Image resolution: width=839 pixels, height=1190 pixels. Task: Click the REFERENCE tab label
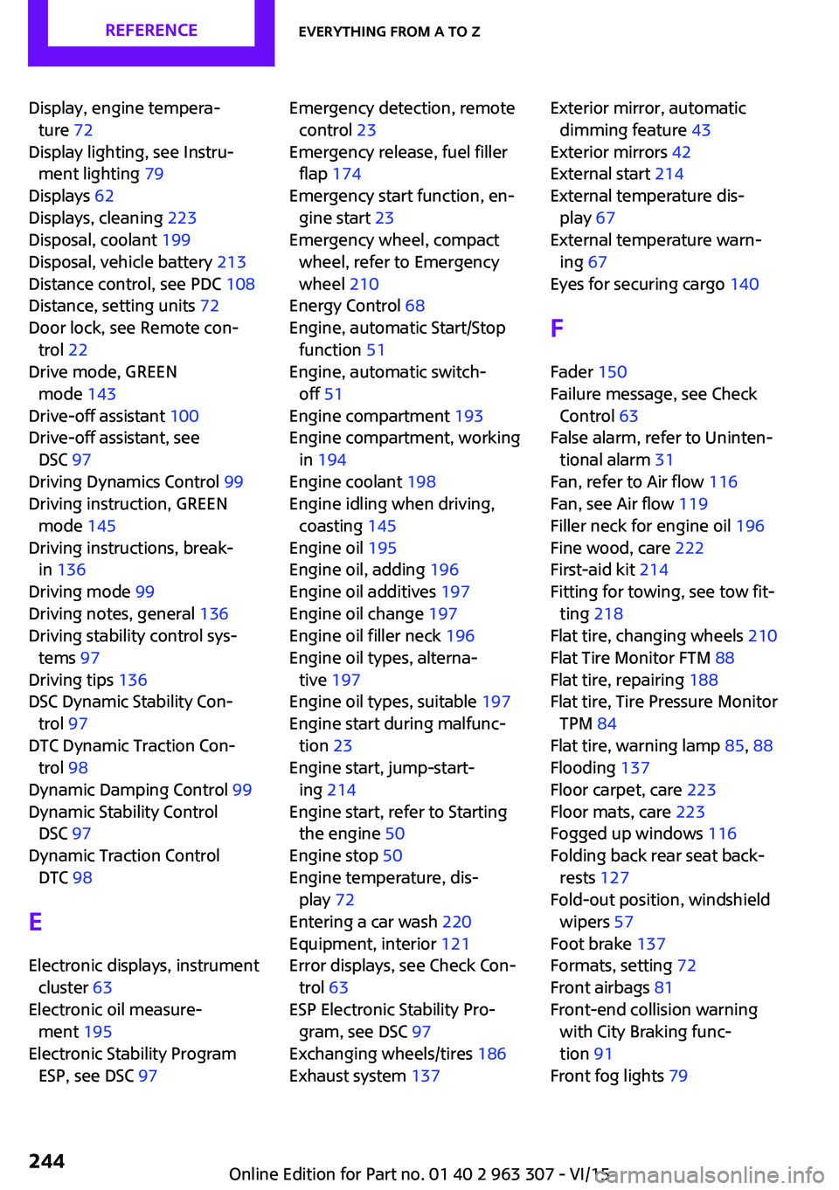point(151,31)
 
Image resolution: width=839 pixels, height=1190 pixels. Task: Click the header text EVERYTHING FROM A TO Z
point(389,32)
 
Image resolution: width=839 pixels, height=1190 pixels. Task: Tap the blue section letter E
point(36,922)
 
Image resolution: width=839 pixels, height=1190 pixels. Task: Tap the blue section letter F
point(557,329)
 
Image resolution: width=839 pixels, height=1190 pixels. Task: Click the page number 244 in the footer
point(46,1161)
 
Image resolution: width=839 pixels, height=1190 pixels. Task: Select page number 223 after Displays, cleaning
point(182,218)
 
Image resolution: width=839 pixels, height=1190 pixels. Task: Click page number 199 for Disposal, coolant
point(176,239)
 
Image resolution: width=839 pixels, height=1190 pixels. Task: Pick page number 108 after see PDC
point(240,284)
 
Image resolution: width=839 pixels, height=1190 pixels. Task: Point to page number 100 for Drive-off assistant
point(184,416)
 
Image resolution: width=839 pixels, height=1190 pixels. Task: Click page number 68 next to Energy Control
point(415,306)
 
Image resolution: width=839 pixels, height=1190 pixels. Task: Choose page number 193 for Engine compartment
point(468,416)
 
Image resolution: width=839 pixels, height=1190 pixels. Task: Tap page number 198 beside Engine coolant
point(421,481)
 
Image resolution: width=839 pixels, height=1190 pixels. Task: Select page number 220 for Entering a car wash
point(456,922)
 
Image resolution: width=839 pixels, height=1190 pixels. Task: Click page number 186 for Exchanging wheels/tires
point(491,1054)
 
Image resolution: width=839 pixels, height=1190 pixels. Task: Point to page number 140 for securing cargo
point(745,284)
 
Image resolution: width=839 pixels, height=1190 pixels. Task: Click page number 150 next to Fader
point(613,372)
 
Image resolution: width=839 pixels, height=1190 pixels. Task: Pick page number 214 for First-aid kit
point(654,570)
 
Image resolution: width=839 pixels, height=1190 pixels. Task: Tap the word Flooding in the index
point(583,768)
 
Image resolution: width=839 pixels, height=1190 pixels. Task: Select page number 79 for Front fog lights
point(678,1076)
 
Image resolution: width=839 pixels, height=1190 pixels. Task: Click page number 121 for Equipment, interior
point(455,944)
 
